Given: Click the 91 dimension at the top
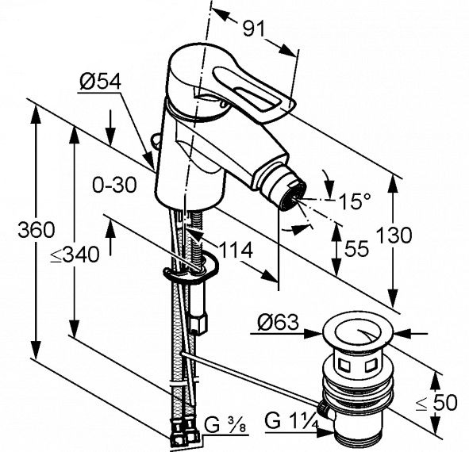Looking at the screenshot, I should point(253,29).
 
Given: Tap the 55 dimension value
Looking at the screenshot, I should point(356,249).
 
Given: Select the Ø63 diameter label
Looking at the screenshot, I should point(279,322).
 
